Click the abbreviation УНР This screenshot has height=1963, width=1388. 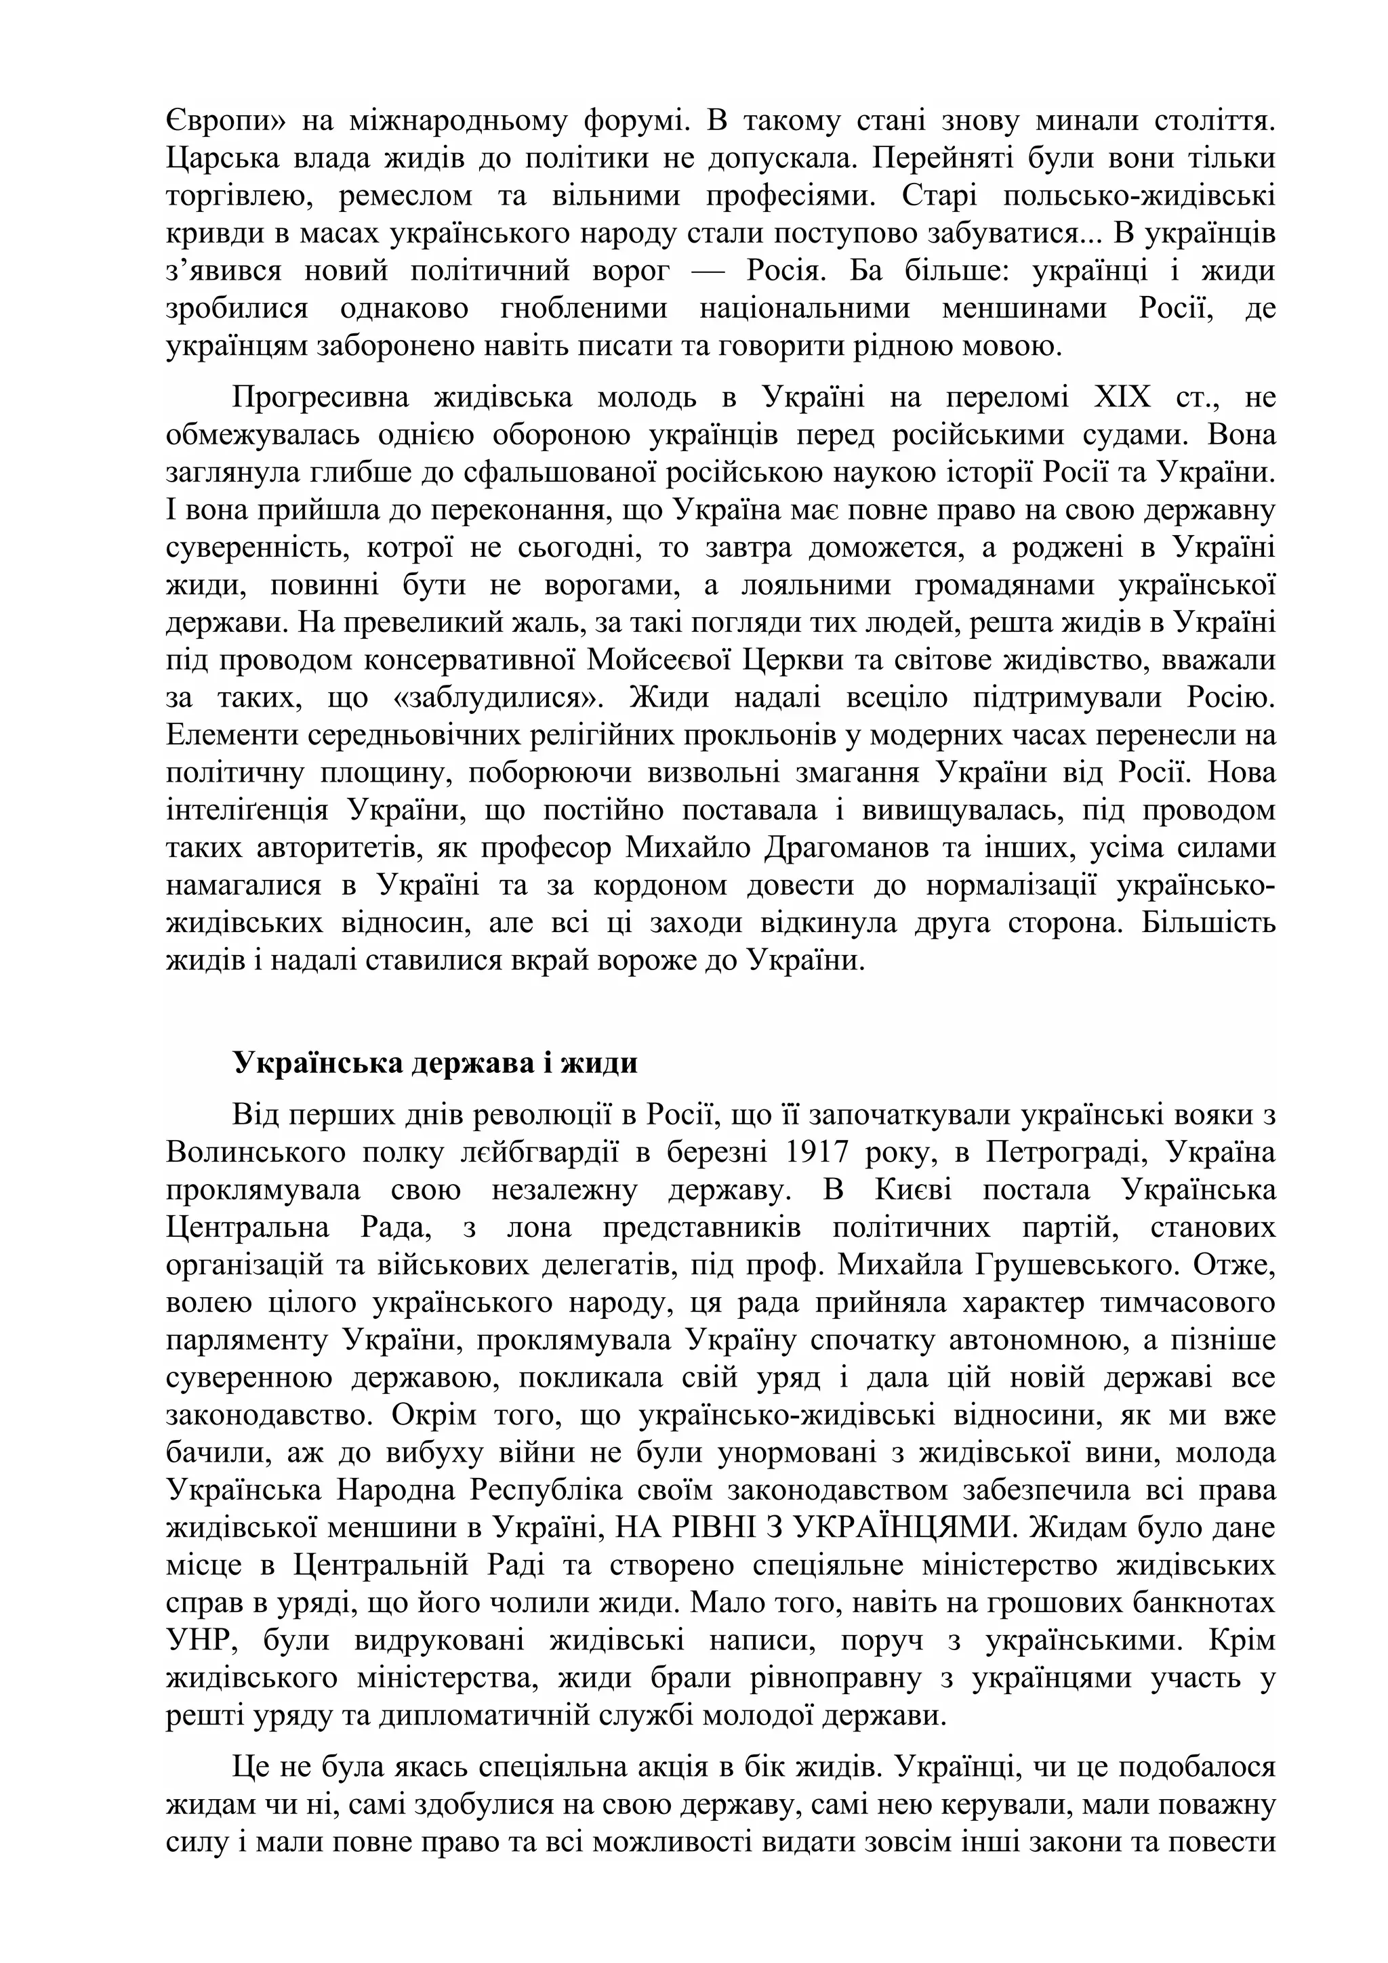[199, 1640]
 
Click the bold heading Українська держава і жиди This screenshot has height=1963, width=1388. [435, 1063]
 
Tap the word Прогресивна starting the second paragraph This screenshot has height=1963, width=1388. [318, 398]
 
